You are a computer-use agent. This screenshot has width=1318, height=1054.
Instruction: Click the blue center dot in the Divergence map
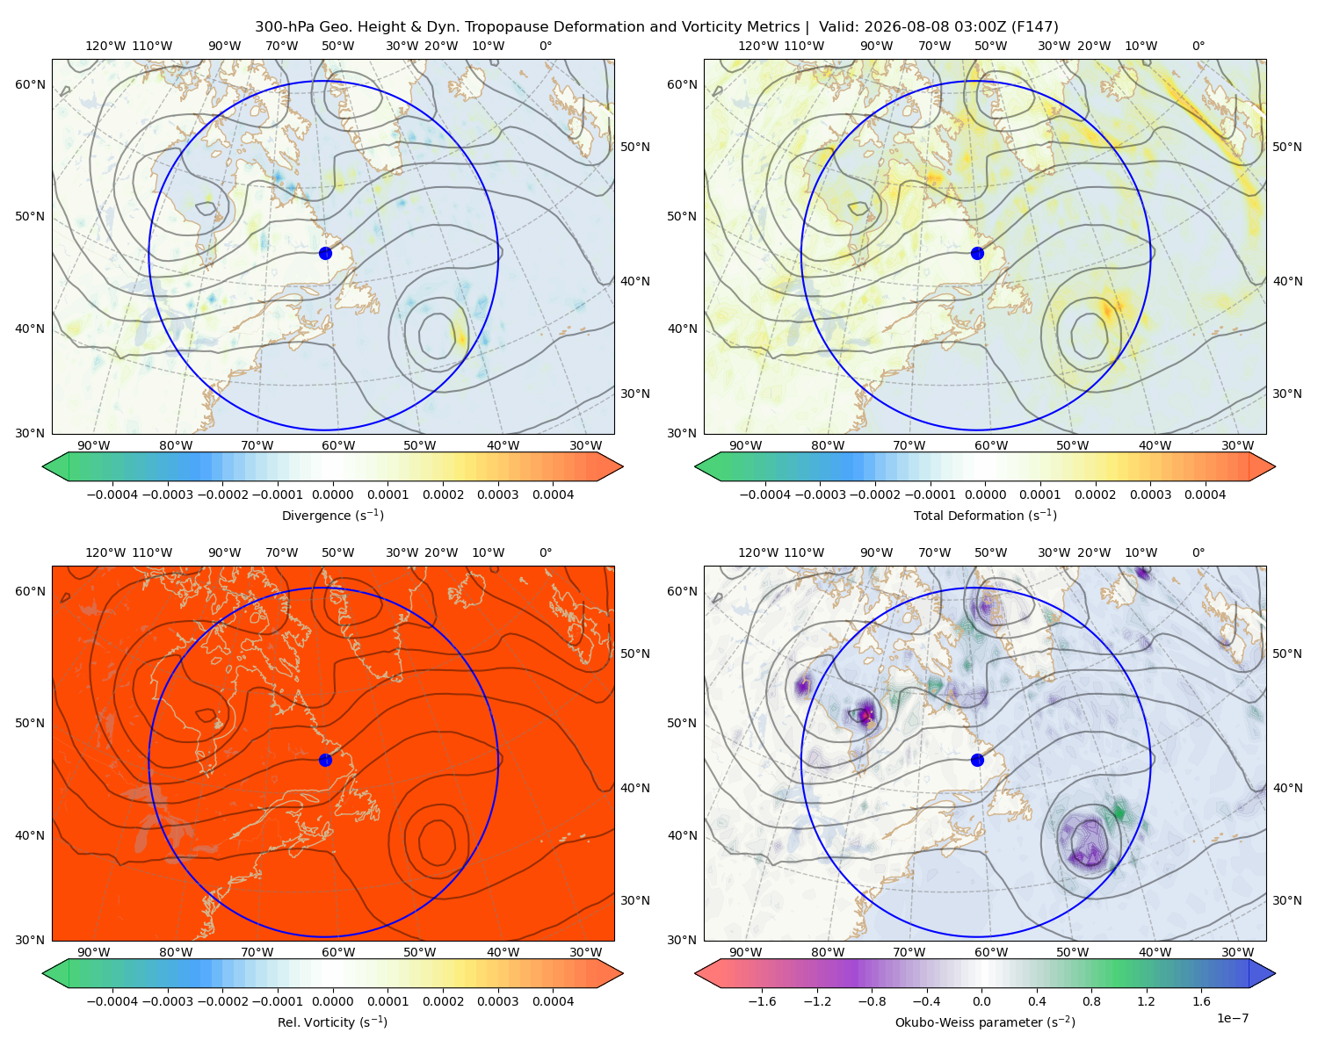click(x=325, y=253)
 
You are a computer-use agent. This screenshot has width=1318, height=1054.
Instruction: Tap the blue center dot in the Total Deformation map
click(x=977, y=253)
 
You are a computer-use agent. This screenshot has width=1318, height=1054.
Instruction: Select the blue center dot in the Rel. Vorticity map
click(x=325, y=760)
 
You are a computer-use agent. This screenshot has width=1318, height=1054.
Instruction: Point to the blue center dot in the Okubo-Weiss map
click(x=977, y=760)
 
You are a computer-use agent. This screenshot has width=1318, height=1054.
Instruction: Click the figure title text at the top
click(x=656, y=26)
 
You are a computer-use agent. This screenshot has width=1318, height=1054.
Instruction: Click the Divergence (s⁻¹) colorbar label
click(x=332, y=515)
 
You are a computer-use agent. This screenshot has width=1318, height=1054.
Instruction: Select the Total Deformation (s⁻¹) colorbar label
click(x=985, y=515)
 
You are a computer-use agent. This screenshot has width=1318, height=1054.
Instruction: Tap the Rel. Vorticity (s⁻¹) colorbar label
click(x=332, y=1022)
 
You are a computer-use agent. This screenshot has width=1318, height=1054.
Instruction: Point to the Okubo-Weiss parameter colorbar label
click(x=985, y=1022)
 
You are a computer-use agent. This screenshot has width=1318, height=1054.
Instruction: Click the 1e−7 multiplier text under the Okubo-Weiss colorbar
click(x=1232, y=1018)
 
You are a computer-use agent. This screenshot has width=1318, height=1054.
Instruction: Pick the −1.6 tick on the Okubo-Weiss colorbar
click(x=762, y=1000)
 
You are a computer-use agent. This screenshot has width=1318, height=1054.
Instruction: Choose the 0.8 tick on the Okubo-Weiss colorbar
click(x=1091, y=1000)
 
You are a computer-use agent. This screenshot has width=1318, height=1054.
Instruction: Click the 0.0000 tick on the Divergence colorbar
click(x=332, y=495)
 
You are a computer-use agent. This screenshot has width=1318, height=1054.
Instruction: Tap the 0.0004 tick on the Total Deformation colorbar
click(x=1205, y=495)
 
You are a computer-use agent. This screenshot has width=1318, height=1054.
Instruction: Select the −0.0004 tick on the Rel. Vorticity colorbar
click(x=112, y=1000)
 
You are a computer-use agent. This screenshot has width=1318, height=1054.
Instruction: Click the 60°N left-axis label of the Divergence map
click(x=30, y=84)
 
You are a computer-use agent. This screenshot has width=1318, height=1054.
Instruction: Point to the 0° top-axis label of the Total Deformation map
click(x=1198, y=46)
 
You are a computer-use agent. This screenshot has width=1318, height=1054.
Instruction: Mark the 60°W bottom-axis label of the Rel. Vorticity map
click(x=338, y=952)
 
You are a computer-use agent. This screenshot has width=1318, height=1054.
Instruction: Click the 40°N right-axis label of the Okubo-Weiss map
click(x=1287, y=788)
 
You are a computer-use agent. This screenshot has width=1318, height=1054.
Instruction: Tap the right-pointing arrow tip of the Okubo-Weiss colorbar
click(x=1275, y=973)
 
